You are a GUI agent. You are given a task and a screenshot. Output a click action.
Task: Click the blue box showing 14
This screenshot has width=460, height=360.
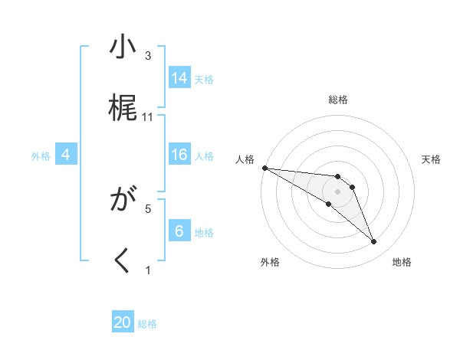tap(179, 78)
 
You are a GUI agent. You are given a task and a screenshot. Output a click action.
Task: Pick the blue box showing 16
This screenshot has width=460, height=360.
tap(179, 155)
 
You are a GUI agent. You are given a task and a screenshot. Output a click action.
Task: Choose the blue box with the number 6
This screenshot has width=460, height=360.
tap(179, 231)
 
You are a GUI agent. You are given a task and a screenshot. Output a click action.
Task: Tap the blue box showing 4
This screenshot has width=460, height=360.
tap(66, 155)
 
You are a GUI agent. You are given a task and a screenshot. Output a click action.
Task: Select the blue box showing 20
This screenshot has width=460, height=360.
tap(123, 322)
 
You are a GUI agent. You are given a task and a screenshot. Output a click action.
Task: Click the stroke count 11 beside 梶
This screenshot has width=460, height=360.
tap(149, 117)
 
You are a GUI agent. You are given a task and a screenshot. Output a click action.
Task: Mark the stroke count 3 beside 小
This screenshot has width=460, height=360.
tap(149, 56)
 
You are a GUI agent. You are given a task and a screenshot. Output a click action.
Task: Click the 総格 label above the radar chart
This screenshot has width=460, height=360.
tap(338, 100)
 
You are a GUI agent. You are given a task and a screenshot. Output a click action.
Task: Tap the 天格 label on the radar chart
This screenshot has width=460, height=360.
tap(432, 159)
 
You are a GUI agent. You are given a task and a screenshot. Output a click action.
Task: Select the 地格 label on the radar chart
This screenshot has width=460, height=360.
tap(402, 262)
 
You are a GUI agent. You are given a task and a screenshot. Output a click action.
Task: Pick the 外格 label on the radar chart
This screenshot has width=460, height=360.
tap(270, 262)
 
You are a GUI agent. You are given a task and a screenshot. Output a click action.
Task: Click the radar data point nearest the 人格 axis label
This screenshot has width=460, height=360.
tap(264, 168)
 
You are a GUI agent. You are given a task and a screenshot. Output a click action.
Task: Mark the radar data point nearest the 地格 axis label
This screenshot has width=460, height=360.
tap(373, 242)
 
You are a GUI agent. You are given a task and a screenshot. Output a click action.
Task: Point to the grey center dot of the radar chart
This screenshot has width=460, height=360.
tap(337, 191)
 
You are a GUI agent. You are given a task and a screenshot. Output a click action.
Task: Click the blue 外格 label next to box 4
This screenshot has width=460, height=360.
tap(41, 155)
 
